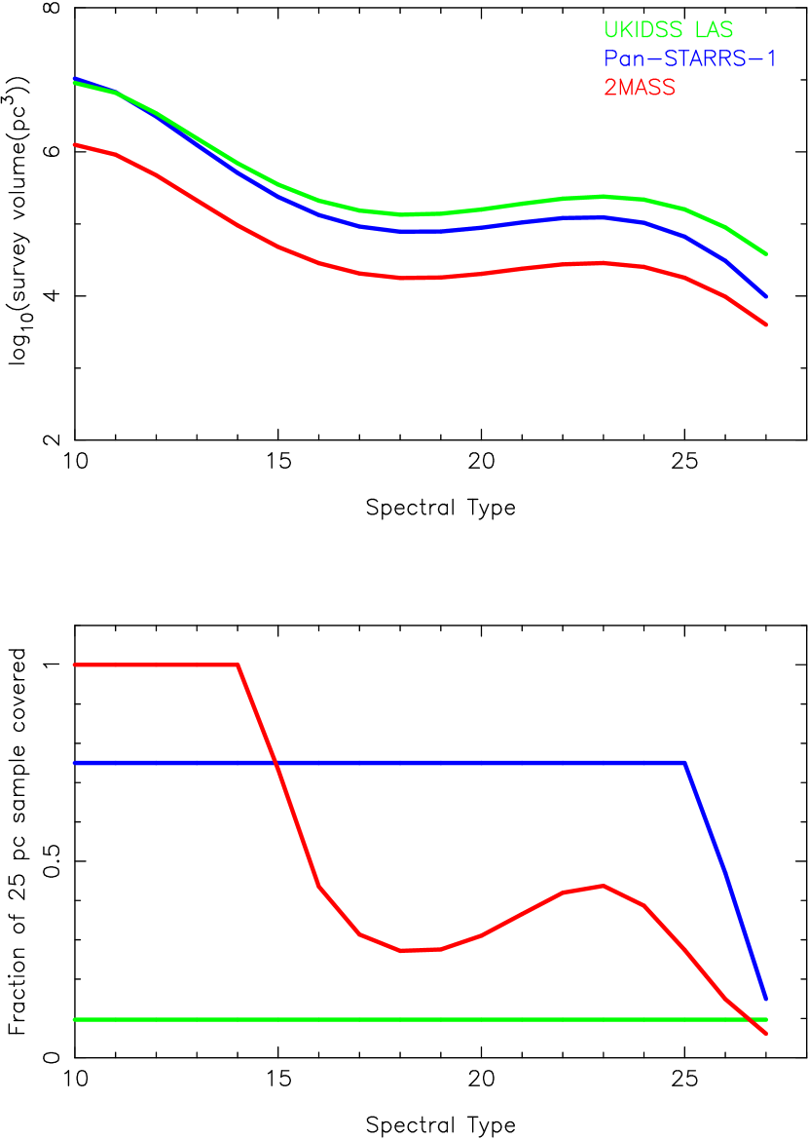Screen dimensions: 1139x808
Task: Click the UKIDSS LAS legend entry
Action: [668, 30]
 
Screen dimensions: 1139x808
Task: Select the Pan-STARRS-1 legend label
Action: [690, 58]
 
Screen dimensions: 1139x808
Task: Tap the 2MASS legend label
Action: [640, 88]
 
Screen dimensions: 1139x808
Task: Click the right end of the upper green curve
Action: [767, 254]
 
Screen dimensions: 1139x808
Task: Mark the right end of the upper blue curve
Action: [767, 296]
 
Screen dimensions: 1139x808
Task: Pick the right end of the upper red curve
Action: [767, 324]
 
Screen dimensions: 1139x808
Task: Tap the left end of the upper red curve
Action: [74, 144]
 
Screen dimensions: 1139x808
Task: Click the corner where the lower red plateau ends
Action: [239, 665]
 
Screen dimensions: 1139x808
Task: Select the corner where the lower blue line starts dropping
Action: [686, 763]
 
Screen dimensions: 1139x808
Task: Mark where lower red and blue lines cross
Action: [275, 763]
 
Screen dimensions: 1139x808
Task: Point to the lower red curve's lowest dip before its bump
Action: [404, 950]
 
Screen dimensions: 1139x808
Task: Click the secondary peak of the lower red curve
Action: [605, 886]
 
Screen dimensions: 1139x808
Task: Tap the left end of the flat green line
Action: [74, 1019]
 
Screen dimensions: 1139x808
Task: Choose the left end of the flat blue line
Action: [74, 763]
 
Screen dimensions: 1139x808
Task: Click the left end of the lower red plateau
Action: [74, 665]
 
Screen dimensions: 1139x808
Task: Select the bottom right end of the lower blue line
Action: [767, 999]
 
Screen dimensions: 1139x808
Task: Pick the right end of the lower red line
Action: [767, 1034]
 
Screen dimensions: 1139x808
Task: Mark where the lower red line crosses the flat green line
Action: [751, 1019]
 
